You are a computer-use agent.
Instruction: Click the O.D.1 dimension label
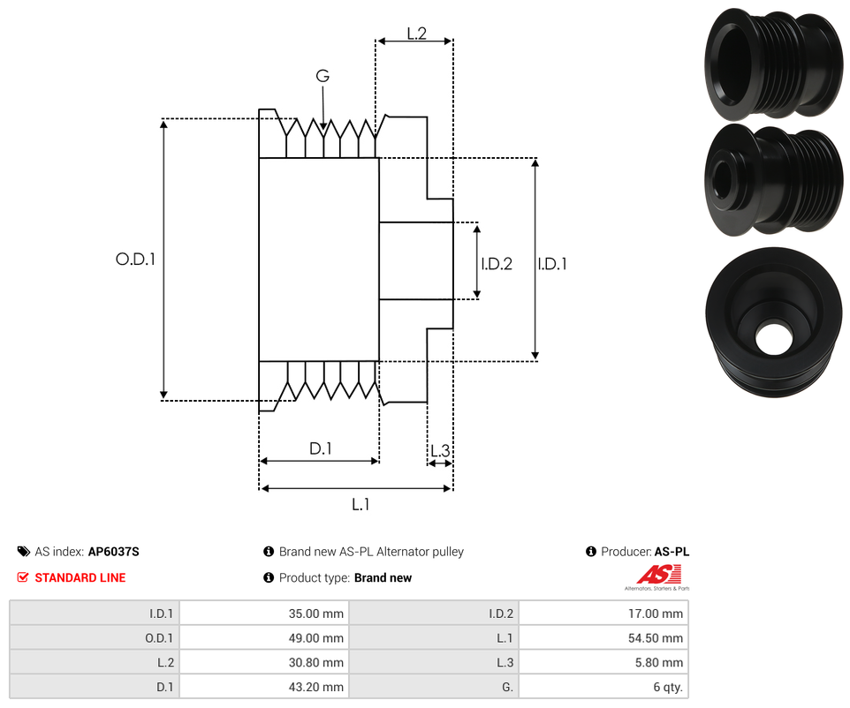[x=135, y=260]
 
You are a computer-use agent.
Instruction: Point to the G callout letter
[x=323, y=77]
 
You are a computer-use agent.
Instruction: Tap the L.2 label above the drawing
[x=416, y=34]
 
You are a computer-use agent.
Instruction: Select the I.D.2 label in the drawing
[x=497, y=263]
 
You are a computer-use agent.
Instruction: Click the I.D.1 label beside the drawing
[x=552, y=263]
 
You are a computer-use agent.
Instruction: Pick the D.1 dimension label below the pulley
[x=320, y=448]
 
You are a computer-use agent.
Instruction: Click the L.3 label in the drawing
[x=439, y=451]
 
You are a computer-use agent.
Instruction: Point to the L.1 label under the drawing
[x=360, y=504]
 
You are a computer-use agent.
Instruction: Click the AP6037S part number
[x=113, y=552]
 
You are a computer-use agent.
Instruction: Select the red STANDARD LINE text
[x=80, y=577]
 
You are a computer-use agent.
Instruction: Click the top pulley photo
[x=771, y=64]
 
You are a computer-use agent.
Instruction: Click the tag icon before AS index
[x=23, y=552]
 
